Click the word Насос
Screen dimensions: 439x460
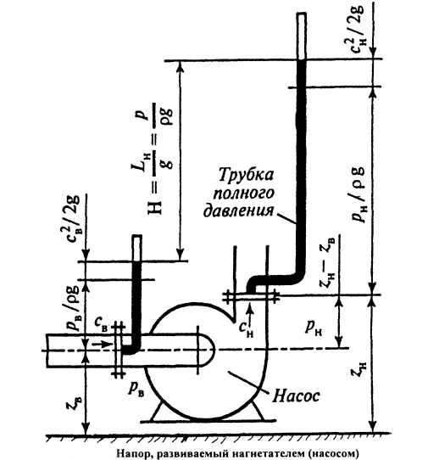coord(296,395)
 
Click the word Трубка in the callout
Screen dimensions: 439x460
coord(245,176)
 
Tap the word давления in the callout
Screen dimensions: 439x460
coord(238,210)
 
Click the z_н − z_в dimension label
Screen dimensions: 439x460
coord(330,262)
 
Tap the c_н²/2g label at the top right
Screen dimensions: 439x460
coord(358,29)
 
